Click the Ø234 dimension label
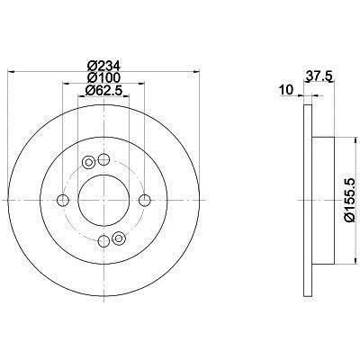[x=103, y=66]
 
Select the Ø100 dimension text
[x=103, y=77]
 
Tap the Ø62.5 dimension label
[x=104, y=90]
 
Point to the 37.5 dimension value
[x=318, y=76]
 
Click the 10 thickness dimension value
[x=285, y=89]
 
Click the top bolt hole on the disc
[x=103, y=159]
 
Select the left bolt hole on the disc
[x=63, y=200]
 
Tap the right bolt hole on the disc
[x=145, y=200]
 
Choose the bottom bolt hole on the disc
[x=103, y=240]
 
